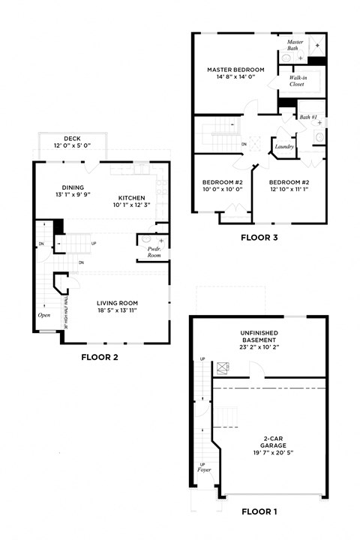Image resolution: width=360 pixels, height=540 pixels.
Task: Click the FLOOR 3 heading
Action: [x=259, y=237]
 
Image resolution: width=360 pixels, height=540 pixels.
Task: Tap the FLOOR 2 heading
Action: [x=100, y=358]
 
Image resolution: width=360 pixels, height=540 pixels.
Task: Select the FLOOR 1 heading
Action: [x=259, y=512]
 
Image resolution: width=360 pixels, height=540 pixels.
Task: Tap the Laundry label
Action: [x=284, y=146]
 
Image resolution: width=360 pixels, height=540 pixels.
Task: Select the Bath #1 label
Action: [x=308, y=117]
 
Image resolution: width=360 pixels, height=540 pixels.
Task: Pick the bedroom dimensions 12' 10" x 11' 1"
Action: [x=289, y=189]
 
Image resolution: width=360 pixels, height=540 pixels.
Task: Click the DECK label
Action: [x=72, y=138]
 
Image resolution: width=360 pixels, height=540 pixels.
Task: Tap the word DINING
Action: [x=73, y=187]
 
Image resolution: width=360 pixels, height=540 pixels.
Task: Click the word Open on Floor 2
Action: [x=44, y=315]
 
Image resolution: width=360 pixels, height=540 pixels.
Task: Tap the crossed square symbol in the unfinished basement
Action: [x=222, y=367]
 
